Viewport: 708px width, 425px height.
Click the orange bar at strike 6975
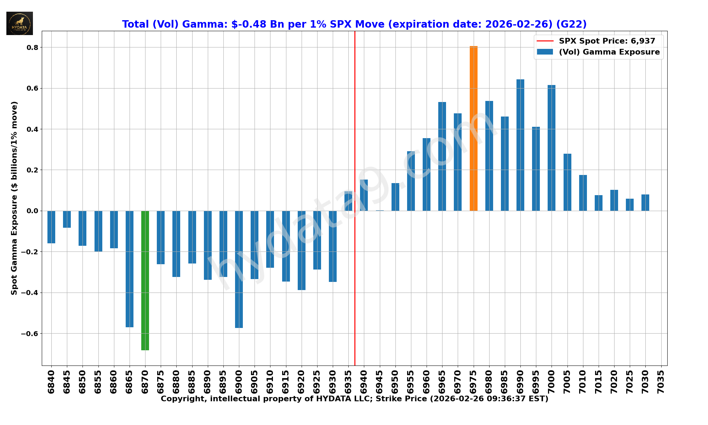click(473, 128)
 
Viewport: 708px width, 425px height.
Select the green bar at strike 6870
click(145, 280)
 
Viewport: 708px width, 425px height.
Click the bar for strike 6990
click(520, 145)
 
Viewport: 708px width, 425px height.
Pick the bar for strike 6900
click(239, 269)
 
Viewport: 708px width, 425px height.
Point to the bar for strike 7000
click(552, 148)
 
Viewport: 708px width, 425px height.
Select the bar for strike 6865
click(130, 269)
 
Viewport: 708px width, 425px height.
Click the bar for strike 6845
click(67, 219)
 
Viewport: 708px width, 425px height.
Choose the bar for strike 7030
click(645, 203)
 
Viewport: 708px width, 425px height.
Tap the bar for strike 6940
click(364, 195)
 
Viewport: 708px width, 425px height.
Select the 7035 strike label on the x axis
click(661, 382)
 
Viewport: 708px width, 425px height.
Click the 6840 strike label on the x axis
click(51, 382)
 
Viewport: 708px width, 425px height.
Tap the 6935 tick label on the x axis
click(348, 382)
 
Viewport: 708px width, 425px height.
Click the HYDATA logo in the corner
click(19, 23)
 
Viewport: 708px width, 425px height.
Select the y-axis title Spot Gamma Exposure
click(14, 198)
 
